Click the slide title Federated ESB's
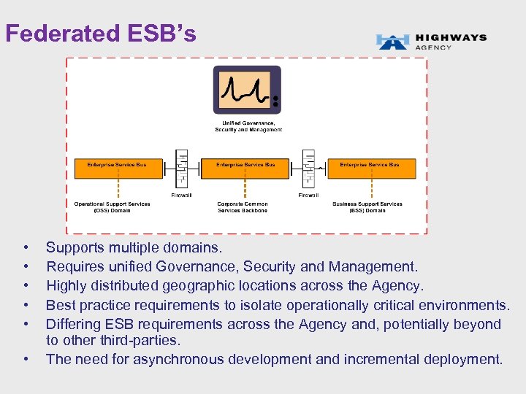[101, 34]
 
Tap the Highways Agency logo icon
[392, 42]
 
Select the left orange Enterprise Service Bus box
[117, 169]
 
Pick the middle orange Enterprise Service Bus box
[245, 169]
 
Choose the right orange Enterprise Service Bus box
[370, 169]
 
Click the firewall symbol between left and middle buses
[181, 170]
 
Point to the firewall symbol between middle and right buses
[308, 170]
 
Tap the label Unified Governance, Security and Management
[248, 126]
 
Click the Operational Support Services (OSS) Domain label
[112, 207]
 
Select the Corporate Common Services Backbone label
[243, 207]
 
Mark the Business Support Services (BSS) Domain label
[367, 207]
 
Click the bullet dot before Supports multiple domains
[26, 249]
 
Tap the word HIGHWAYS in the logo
[450, 38]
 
